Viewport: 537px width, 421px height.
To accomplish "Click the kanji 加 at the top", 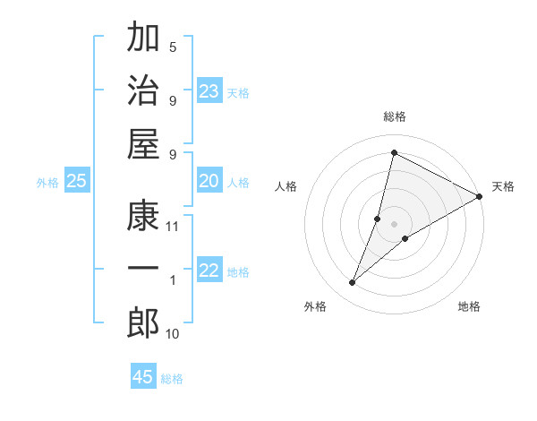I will pyautogui.click(x=143, y=39).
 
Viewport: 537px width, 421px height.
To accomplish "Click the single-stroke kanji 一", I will pyautogui.click(x=143, y=270).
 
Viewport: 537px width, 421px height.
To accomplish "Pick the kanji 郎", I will pyautogui.click(x=143, y=322).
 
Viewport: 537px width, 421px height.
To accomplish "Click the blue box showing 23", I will pyautogui.click(x=209, y=90).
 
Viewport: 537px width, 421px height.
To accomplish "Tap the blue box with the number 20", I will pyautogui.click(x=209, y=182).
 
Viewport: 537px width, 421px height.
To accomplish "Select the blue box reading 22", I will pyautogui.click(x=209, y=271).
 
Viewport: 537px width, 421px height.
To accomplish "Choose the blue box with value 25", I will pyautogui.click(x=76, y=182).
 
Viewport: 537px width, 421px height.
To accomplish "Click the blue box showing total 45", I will pyautogui.click(x=143, y=377).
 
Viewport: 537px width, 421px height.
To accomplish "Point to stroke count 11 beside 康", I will pyautogui.click(x=173, y=226).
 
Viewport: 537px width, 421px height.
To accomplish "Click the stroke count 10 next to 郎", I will pyautogui.click(x=173, y=334).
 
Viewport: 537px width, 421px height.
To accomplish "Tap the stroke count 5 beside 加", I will pyautogui.click(x=173, y=47).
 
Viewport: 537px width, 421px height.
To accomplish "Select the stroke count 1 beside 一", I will pyautogui.click(x=173, y=280).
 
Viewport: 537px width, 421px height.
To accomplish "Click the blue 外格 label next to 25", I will pyautogui.click(x=47, y=183).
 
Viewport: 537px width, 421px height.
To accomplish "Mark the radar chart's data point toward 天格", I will pyautogui.click(x=479, y=196).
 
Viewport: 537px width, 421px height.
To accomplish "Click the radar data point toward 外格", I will pyautogui.click(x=353, y=283).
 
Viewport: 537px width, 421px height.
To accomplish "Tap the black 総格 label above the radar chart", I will pyautogui.click(x=395, y=117).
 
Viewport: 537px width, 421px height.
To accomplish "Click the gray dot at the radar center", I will pyautogui.click(x=395, y=224).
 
